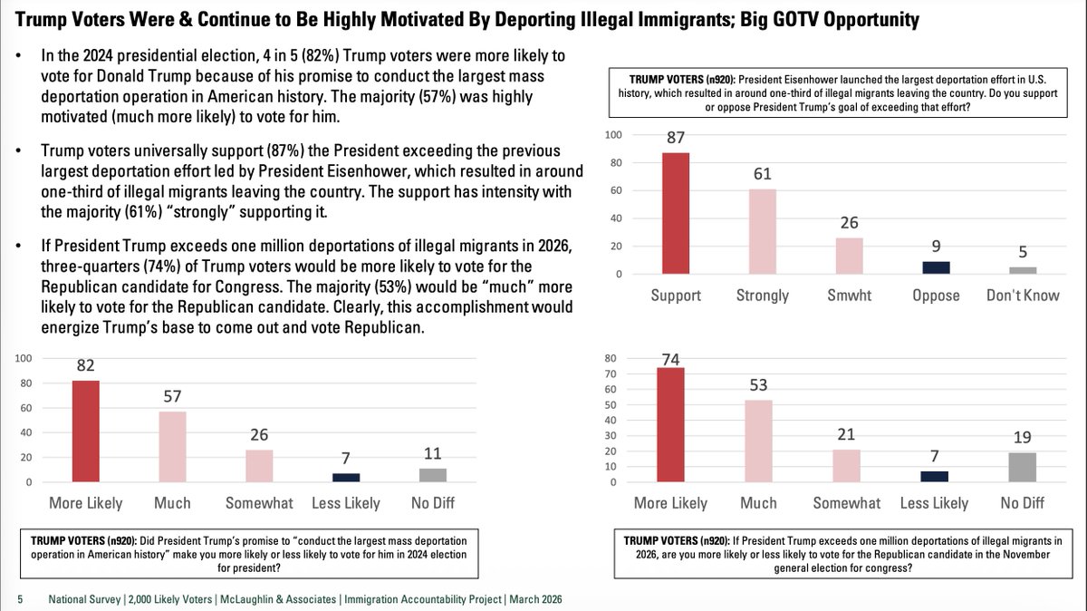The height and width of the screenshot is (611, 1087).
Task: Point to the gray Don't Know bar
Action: coord(1022,270)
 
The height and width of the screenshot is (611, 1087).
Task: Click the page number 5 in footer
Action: coord(20,599)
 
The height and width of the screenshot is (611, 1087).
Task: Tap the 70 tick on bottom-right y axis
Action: coord(611,373)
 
